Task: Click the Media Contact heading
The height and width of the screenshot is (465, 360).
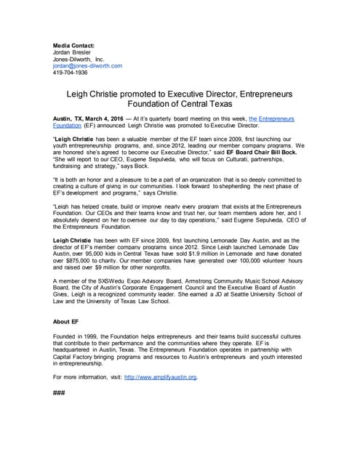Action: point(75,45)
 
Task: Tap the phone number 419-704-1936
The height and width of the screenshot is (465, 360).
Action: point(71,73)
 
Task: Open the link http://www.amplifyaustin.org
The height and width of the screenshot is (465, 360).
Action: point(161,377)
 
